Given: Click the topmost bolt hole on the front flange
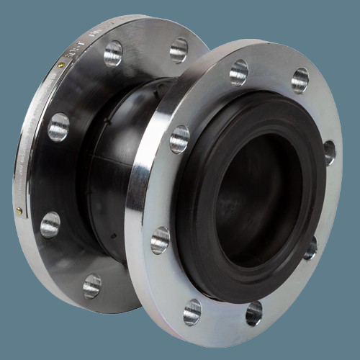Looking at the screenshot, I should pyautogui.click(x=238, y=73).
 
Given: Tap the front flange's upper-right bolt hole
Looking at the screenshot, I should pyautogui.click(x=300, y=80).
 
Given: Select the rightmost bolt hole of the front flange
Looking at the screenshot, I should pyautogui.click(x=329, y=152).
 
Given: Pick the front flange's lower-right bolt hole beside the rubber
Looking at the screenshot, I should pyautogui.click(x=310, y=248).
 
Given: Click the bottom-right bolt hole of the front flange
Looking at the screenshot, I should pyautogui.click(x=254, y=312).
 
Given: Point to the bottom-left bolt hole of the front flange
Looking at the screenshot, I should pyautogui.click(x=192, y=311).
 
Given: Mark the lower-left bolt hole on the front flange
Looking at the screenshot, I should pyautogui.click(x=160, y=240).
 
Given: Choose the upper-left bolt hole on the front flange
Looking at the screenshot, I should pyautogui.click(x=179, y=139).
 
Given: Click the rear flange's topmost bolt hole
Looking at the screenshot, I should pyautogui.click(x=113, y=53).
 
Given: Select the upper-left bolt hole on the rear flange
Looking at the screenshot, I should pyautogui.click(x=58, y=127).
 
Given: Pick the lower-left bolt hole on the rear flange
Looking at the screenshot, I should pyautogui.click(x=50, y=224).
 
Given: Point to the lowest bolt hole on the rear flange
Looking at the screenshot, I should pyautogui.click(x=91, y=286).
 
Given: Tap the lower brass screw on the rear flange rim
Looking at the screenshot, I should pyautogui.click(x=19, y=211).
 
